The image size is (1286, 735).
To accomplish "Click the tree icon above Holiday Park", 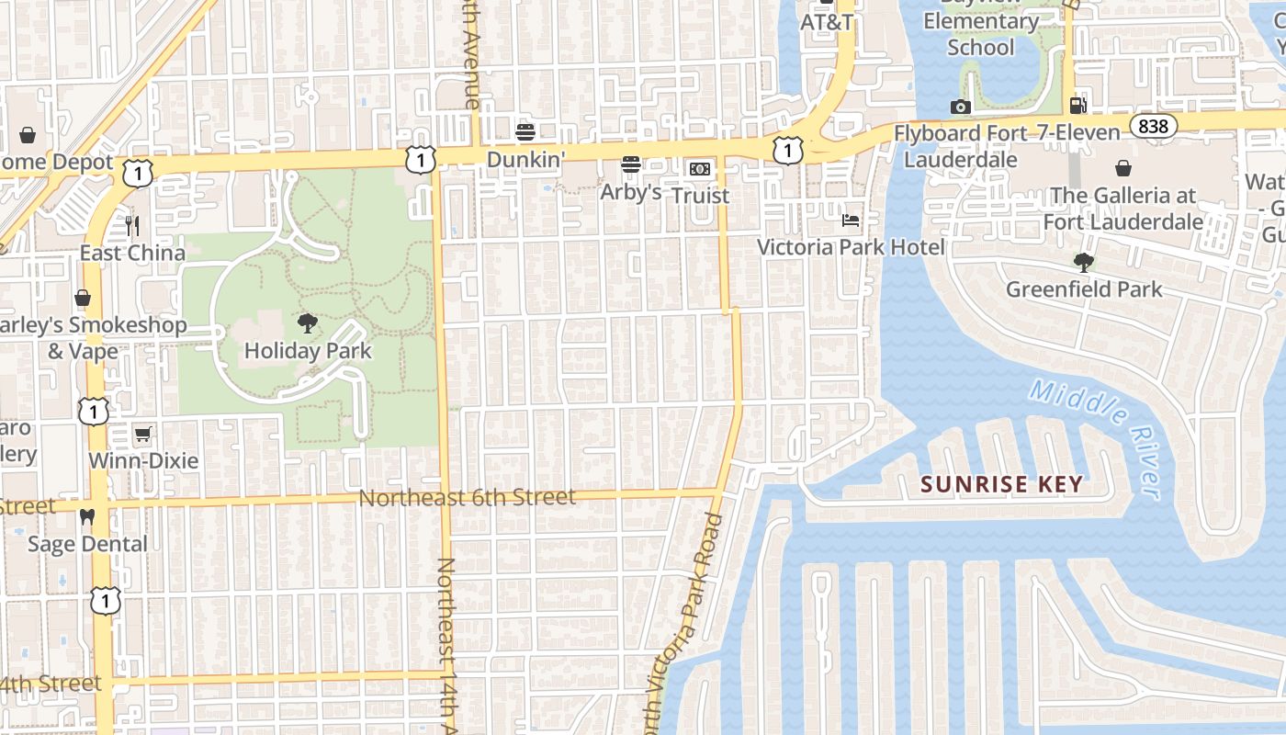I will coord(308,322).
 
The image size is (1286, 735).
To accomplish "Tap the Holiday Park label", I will coord(308,351).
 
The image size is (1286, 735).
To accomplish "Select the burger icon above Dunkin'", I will coord(525,131).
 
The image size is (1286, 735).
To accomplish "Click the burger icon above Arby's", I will coord(631,164).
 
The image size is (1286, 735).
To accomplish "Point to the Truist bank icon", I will coord(700,169).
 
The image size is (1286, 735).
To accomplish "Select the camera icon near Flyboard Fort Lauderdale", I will coord(961,107).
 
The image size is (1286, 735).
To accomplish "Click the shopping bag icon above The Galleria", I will coord(1122,168).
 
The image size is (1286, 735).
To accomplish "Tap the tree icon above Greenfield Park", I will coord(1084,263).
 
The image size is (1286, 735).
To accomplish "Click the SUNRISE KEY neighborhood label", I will coord(1002,484).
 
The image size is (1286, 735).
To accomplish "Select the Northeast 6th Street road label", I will coord(467,497).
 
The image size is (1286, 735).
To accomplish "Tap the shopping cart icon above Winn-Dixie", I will coord(142,434).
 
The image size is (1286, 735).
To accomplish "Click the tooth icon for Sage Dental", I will coord(87,517).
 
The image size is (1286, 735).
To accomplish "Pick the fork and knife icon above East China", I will coord(132,225).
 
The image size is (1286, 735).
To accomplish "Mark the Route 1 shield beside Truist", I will coord(787,151).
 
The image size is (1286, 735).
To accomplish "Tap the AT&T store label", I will coord(827,21).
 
